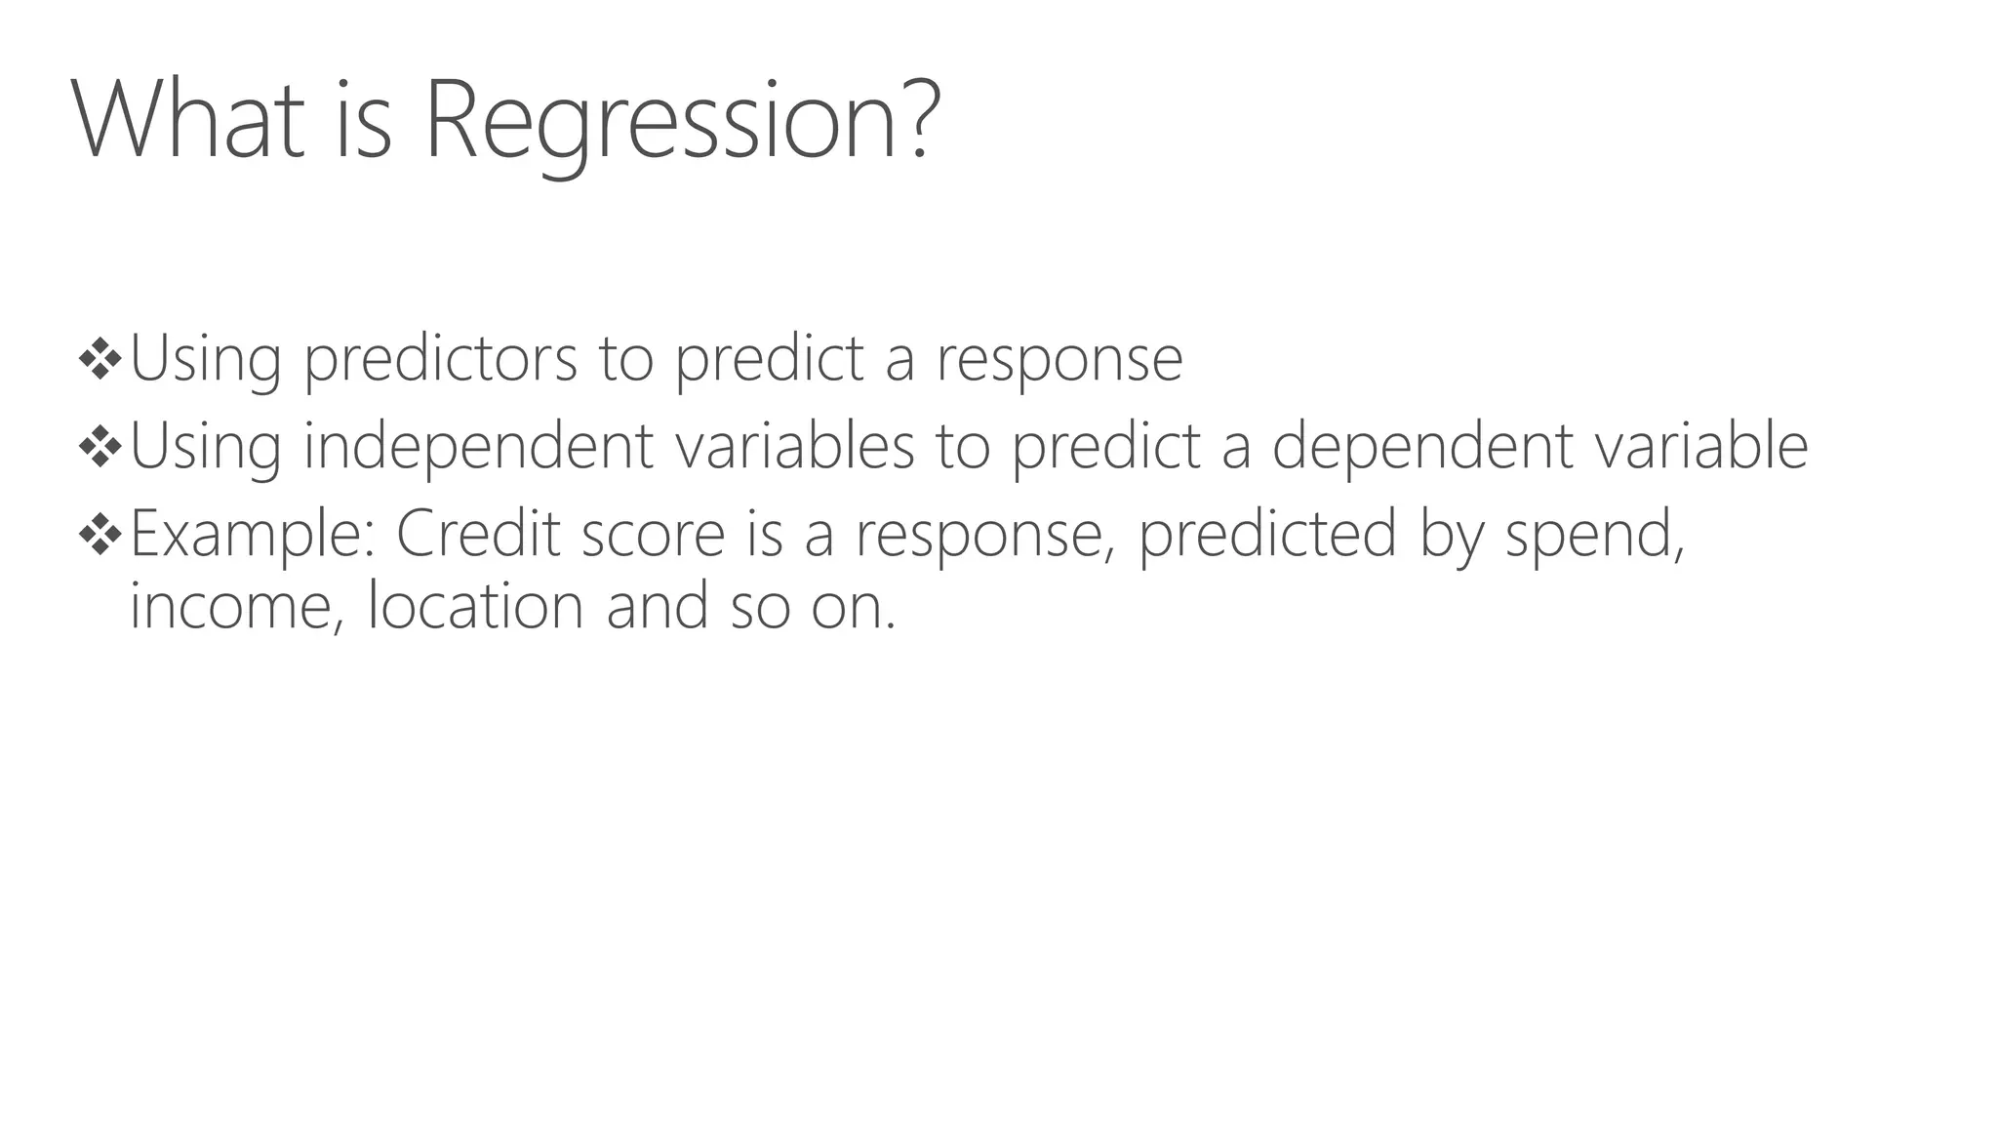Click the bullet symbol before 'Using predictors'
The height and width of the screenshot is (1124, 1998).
pyautogui.click(x=100, y=359)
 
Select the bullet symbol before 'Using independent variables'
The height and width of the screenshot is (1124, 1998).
pyautogui.click(x=100, y=447)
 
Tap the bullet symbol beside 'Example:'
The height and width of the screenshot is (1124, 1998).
pyautogui.click(x=100, y=534)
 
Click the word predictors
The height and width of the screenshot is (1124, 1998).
pyautogui.click(x=440, y=359)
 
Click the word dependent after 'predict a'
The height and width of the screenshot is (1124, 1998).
pyautogui.click(x=1422, y=447)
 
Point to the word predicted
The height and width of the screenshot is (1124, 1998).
pyautogui.click(x=1267, y=535)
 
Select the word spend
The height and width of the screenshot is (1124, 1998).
pyautogui.click(x=1593, y=535)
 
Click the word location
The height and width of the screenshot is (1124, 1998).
pyautogui.click(x=475, y=606)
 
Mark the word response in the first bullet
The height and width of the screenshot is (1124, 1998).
pyautogui.click(x=1059, y=361)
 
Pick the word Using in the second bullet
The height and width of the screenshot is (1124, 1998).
pyautogui.click(x=205, y=447)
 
